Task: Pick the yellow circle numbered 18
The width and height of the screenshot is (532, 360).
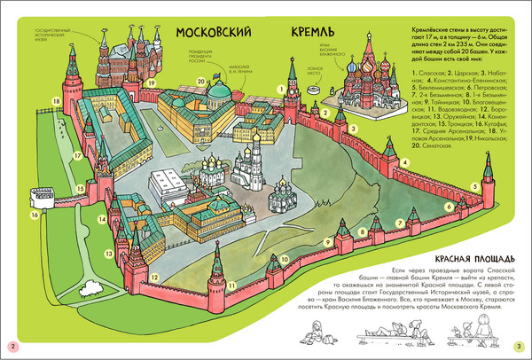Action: pyautogui.click(x=58, y=102)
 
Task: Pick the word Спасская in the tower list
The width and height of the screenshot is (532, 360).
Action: pyautogui.click(x=438, y=70)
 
